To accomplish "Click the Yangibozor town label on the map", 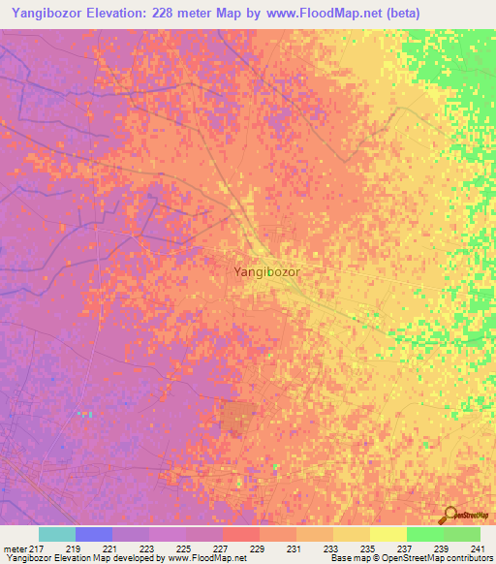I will coord(266,272).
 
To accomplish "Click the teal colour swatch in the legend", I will coord(56,534).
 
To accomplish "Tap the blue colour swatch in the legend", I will coord(93,534).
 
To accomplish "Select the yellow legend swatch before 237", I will coord(387,534).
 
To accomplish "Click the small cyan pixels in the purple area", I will coord(85,414).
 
